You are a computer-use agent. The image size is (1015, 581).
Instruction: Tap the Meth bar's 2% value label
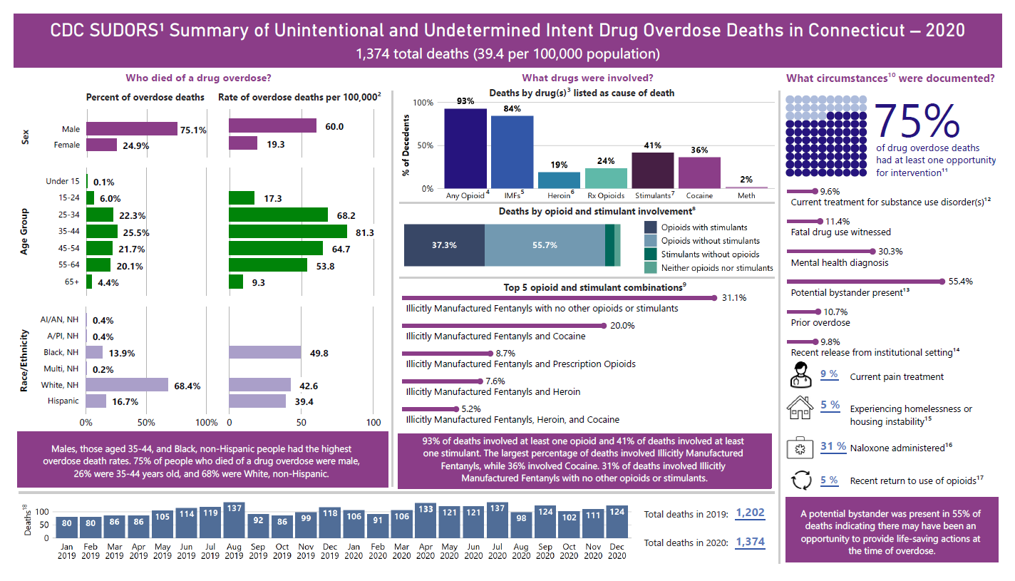click(746, 180)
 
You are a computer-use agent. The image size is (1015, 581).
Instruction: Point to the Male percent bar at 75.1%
click(132, 128)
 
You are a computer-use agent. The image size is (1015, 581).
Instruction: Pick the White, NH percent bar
click(127, 385)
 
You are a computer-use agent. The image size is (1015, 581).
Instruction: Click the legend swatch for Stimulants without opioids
click(650, 254)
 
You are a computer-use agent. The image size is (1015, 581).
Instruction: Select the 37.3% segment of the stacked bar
click(444, 245)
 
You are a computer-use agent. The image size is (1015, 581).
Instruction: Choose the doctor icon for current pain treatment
click(800, 374)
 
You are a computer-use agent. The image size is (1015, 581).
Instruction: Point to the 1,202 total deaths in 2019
click(750, 513)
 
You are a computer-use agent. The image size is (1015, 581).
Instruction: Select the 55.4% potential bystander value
click(961, 282)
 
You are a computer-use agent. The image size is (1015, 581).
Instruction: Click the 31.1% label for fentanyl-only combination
click(733, 297)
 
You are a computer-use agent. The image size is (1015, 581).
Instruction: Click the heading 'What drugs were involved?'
click(587, 78)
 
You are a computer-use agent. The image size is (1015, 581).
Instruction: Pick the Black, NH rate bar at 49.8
click(265, 352)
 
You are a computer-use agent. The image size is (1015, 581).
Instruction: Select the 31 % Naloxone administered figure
click(833, 446)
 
